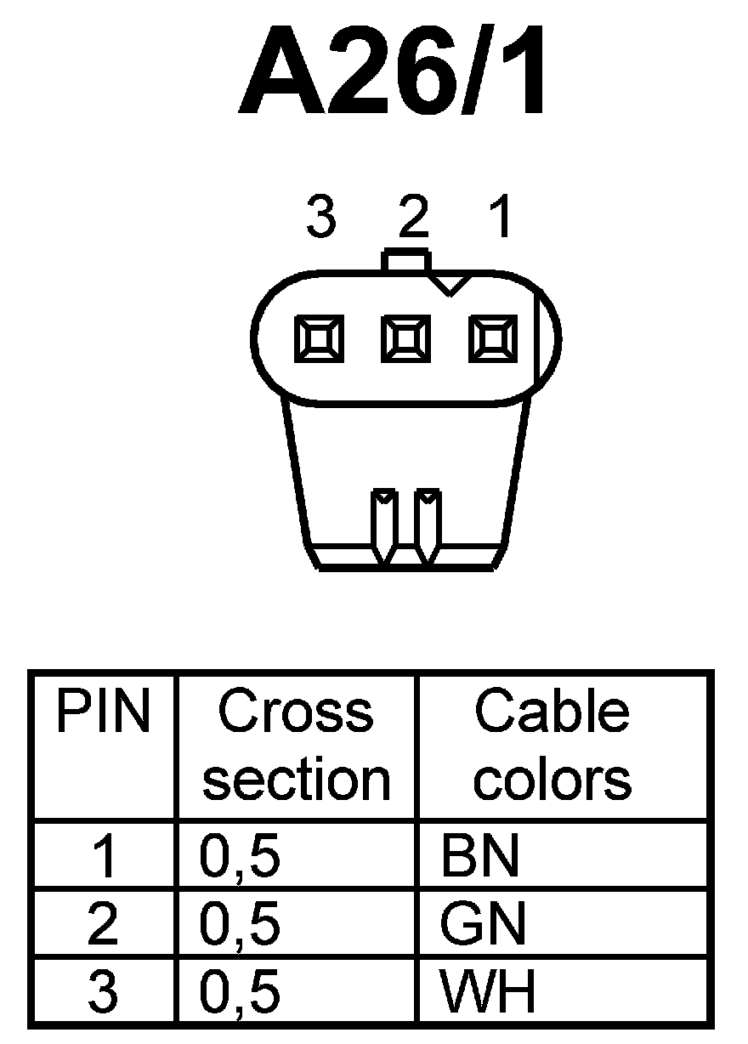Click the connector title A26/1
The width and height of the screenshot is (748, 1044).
pos(393,72)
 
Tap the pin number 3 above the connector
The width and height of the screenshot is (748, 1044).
pos(320,219)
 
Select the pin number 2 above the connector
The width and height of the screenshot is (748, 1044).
pos(414,219)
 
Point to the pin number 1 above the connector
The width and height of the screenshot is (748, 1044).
pos(502,219)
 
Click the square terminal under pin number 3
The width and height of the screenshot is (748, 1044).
pos(320,338)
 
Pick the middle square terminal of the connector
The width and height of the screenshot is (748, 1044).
pos(406,338)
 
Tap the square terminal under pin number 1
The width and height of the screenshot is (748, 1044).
pos(493,338)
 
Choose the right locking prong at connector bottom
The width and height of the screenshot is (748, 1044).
pos(428,525)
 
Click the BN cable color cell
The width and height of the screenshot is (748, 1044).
pos(480,857)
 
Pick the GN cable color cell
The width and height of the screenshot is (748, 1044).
pos(482,924)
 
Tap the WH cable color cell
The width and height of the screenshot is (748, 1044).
pos(487,991)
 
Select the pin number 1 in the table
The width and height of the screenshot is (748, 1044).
pos(104,857)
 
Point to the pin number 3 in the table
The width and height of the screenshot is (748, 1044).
pos(103,991)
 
